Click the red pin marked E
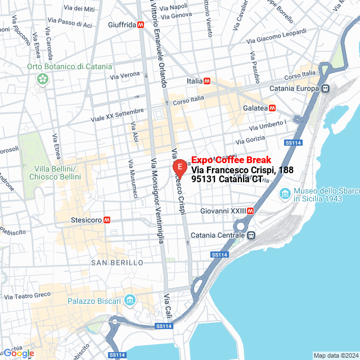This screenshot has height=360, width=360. coord(179,168)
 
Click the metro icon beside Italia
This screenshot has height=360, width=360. coord(207,81)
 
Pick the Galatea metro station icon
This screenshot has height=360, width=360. coord(272,107)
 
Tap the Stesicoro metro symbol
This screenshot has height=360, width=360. coord(106,220)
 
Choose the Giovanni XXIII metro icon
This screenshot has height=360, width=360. coord(250,211)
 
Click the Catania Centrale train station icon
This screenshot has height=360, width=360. coord(252,235)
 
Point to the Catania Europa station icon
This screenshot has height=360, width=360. coord(325,88)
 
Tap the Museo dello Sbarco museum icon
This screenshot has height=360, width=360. coord(286,194)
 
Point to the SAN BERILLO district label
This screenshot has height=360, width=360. coord(117,263)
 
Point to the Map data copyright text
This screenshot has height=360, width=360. coord(336,355)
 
